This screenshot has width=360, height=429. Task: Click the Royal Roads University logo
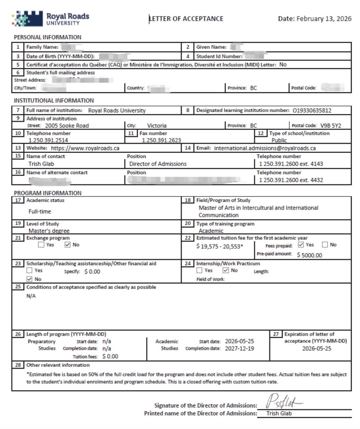51,19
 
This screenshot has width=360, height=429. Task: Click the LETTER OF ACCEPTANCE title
186,19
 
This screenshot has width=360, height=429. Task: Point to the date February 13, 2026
324,19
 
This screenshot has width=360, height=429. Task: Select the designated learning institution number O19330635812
312,110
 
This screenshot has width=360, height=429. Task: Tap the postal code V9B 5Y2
330,126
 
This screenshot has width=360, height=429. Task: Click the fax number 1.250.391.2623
162,140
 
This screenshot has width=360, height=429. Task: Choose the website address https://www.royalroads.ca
85,148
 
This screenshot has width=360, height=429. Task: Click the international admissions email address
265,148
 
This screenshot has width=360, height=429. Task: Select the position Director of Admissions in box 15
158,164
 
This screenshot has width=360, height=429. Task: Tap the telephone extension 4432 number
291,180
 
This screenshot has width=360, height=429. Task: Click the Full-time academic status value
40,211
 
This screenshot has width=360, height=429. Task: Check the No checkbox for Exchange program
68,245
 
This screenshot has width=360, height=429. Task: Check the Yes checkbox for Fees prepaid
301,245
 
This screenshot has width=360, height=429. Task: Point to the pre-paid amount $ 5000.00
309,255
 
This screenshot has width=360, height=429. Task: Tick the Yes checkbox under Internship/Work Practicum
199,270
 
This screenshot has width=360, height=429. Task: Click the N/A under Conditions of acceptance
31,296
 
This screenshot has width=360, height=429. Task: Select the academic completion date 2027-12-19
239,348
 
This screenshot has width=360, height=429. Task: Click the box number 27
276,334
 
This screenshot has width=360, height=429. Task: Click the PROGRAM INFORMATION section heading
48,193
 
